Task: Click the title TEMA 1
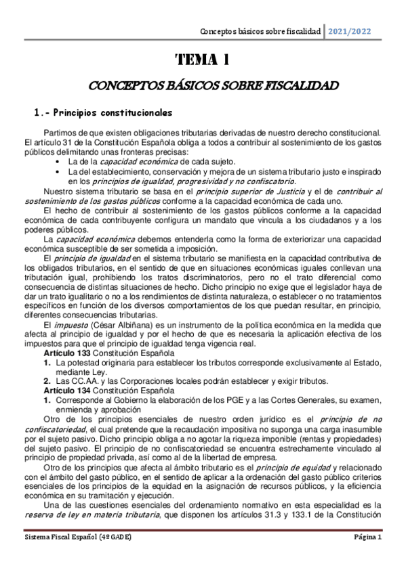203,60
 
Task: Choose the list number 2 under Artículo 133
47,380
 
